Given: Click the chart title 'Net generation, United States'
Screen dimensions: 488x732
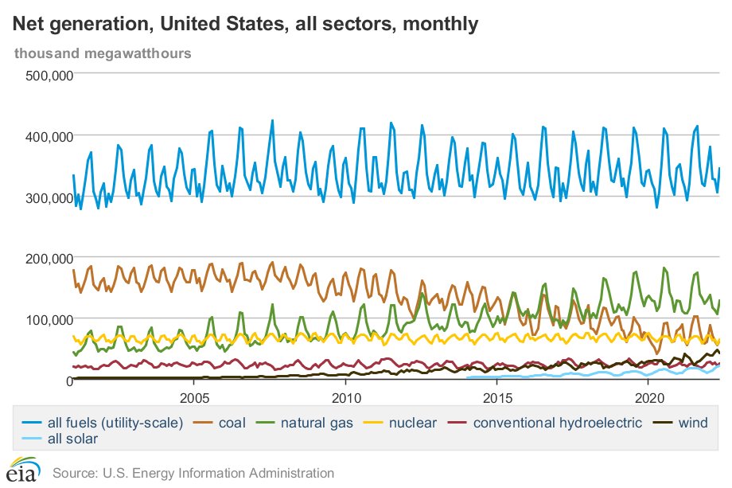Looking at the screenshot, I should pos(245,25).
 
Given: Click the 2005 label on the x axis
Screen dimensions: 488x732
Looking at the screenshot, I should pos(194,397).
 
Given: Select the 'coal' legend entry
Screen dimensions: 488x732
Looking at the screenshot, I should pos(245,422).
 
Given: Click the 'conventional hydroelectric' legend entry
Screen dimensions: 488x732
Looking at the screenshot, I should pos(547,422).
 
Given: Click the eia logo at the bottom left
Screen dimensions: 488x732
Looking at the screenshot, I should pos(22,470).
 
